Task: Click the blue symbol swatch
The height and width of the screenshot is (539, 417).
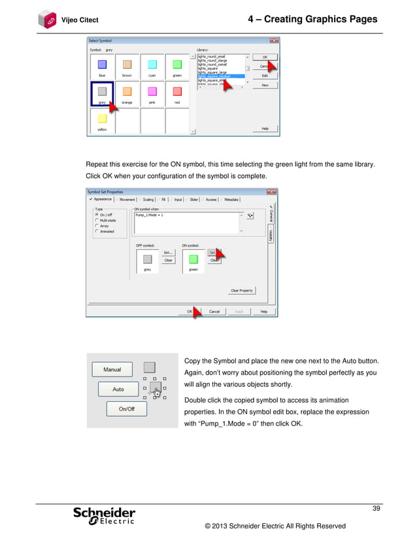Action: click(102, 64)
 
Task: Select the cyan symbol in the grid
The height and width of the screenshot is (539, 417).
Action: click(152, 64)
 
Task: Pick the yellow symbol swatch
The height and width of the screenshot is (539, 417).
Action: click(102, 118)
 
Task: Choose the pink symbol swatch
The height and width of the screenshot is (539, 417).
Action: click(152, 91)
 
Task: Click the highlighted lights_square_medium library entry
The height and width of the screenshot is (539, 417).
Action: click(221, 76)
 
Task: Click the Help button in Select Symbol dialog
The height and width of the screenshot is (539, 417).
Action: click(265, 129)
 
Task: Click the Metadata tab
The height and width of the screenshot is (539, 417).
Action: click(231, 200)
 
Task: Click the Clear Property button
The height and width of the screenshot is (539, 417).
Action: click(241, 290)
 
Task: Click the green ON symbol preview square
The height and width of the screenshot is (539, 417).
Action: click(193, 259)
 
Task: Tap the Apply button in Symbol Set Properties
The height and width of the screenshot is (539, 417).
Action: click(239, 312)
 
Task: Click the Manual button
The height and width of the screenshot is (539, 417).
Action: click(112, 369)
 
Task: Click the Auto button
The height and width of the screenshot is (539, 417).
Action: click(118, 389)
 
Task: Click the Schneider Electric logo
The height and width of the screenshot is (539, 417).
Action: click(104, 516)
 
